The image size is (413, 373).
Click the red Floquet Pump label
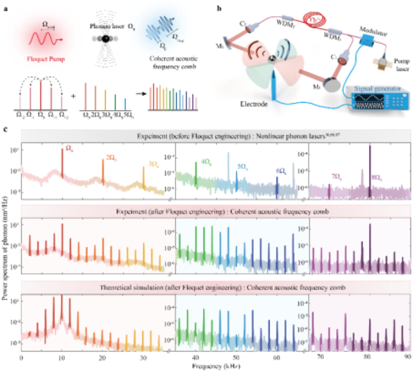(x=46, y=59)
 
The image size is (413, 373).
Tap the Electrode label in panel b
(x=254, y=104)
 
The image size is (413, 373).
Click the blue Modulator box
(x=365, y=41)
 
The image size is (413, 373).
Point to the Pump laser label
(x=402, y=65)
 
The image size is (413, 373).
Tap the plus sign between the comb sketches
(x=73, y=96)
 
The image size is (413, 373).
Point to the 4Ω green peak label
(x=206, y=162)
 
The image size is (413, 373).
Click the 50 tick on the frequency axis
(x=236, y=358)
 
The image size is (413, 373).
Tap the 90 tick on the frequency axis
(x=407, y=357)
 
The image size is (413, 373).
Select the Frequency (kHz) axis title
(x=216, y=366)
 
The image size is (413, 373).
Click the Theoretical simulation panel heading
(x=222, y=288)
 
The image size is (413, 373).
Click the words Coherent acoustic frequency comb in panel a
(x=174, y=63)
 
